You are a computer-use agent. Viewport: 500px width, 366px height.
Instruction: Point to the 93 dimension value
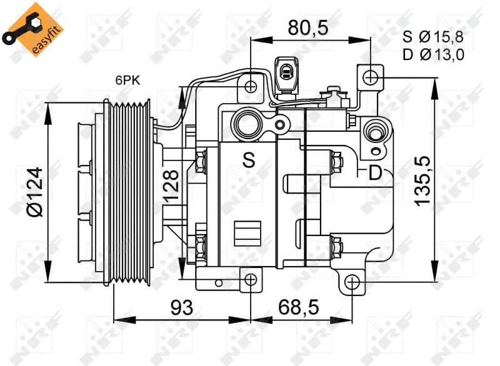click(181, 307)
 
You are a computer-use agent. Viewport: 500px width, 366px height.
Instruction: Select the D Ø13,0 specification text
click(433, 55)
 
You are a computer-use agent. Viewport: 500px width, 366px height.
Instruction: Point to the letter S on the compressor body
click(249, 161)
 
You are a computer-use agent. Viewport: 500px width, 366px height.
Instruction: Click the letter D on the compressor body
click(374, 172)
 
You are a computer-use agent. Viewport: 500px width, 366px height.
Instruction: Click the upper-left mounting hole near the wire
click(251, 86)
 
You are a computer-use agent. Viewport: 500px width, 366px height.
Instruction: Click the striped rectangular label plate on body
click(247, 233)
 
